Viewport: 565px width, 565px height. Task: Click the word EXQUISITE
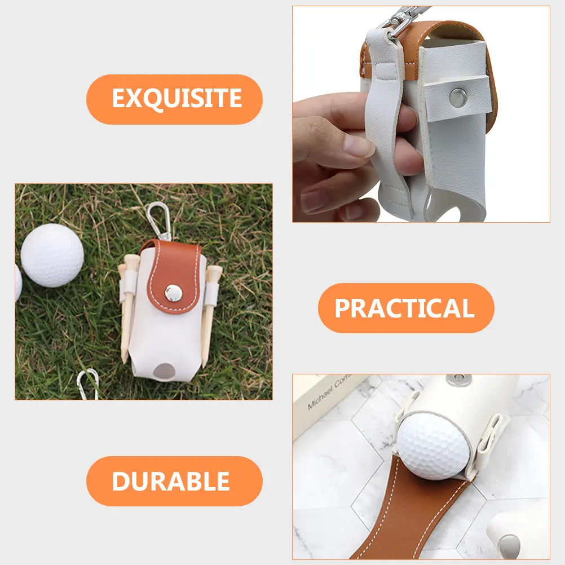pyautogui.click(x=176, y=99)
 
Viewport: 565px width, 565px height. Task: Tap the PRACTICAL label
pyautogui.click(x=404, y=308)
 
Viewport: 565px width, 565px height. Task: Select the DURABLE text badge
pyautogui.click(x=171, y=481)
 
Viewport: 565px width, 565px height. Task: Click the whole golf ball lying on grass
pyautogui.click(x=52, y=255)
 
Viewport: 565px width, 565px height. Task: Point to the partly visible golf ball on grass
pyautogui.click(x=17, y=282)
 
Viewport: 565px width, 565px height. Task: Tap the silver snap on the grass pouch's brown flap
pyautogui.click(x=173, y=292)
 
